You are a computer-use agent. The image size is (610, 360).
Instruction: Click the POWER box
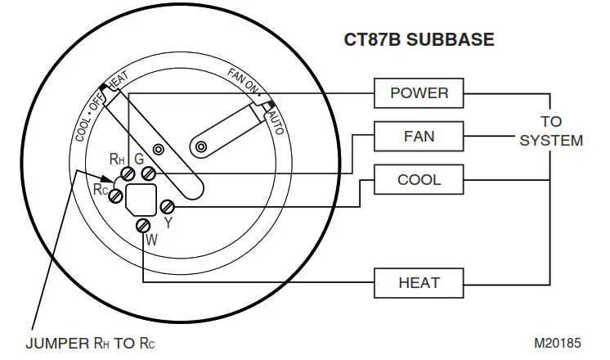click(x=419, y=92)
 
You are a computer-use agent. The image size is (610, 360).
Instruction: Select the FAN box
click(x=419, y=135)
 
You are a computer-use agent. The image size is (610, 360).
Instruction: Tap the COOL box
click(x=419, y=179)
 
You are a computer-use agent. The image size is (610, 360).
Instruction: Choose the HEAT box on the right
click(x=419, y=283)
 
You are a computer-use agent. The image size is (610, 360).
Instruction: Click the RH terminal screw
click(x=128, y=175)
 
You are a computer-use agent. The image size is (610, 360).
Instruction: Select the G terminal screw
click(x=149, y=173)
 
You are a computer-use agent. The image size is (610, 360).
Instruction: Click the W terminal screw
click(x=144, y=225)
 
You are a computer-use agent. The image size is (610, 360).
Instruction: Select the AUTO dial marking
click(x=276, y=118)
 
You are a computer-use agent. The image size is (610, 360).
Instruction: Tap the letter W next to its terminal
click(x=151, y=241)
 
